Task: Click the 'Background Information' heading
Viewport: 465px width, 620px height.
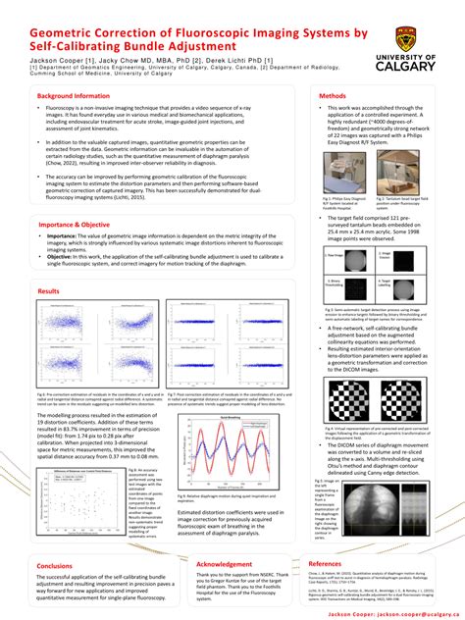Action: [x=79, y=95]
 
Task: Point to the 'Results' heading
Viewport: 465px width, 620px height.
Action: [x=48, y=291]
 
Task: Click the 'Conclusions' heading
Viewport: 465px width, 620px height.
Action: [x=54, y=566]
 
